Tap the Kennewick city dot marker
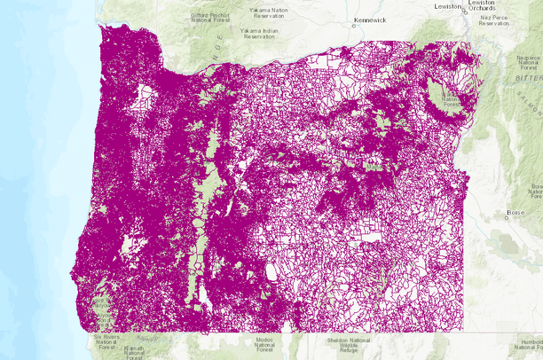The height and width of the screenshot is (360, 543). point(353,25)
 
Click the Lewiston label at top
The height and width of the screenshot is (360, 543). point(448,5)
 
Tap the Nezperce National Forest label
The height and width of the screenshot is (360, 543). point(529,62)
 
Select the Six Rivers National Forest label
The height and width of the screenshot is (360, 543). point(106,342)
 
